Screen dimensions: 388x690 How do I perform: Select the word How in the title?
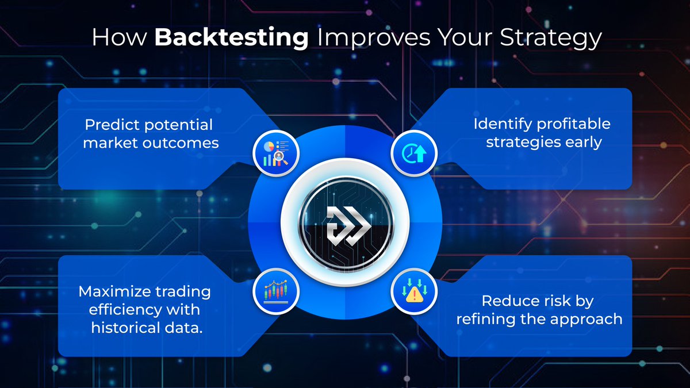point(118,39)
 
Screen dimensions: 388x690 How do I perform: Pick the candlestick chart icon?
point(276,292)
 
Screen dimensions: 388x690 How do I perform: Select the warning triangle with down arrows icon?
point(414,292)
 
